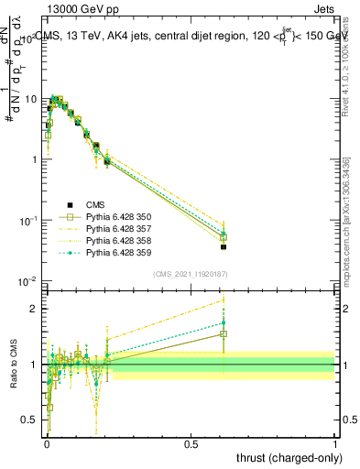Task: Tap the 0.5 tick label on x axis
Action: coord(191,444)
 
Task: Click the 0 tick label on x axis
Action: coord(47,444)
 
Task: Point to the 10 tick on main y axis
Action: coord(31,98)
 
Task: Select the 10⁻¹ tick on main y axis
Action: coord(28,220)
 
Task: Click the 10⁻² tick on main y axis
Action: coord(28,280)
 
